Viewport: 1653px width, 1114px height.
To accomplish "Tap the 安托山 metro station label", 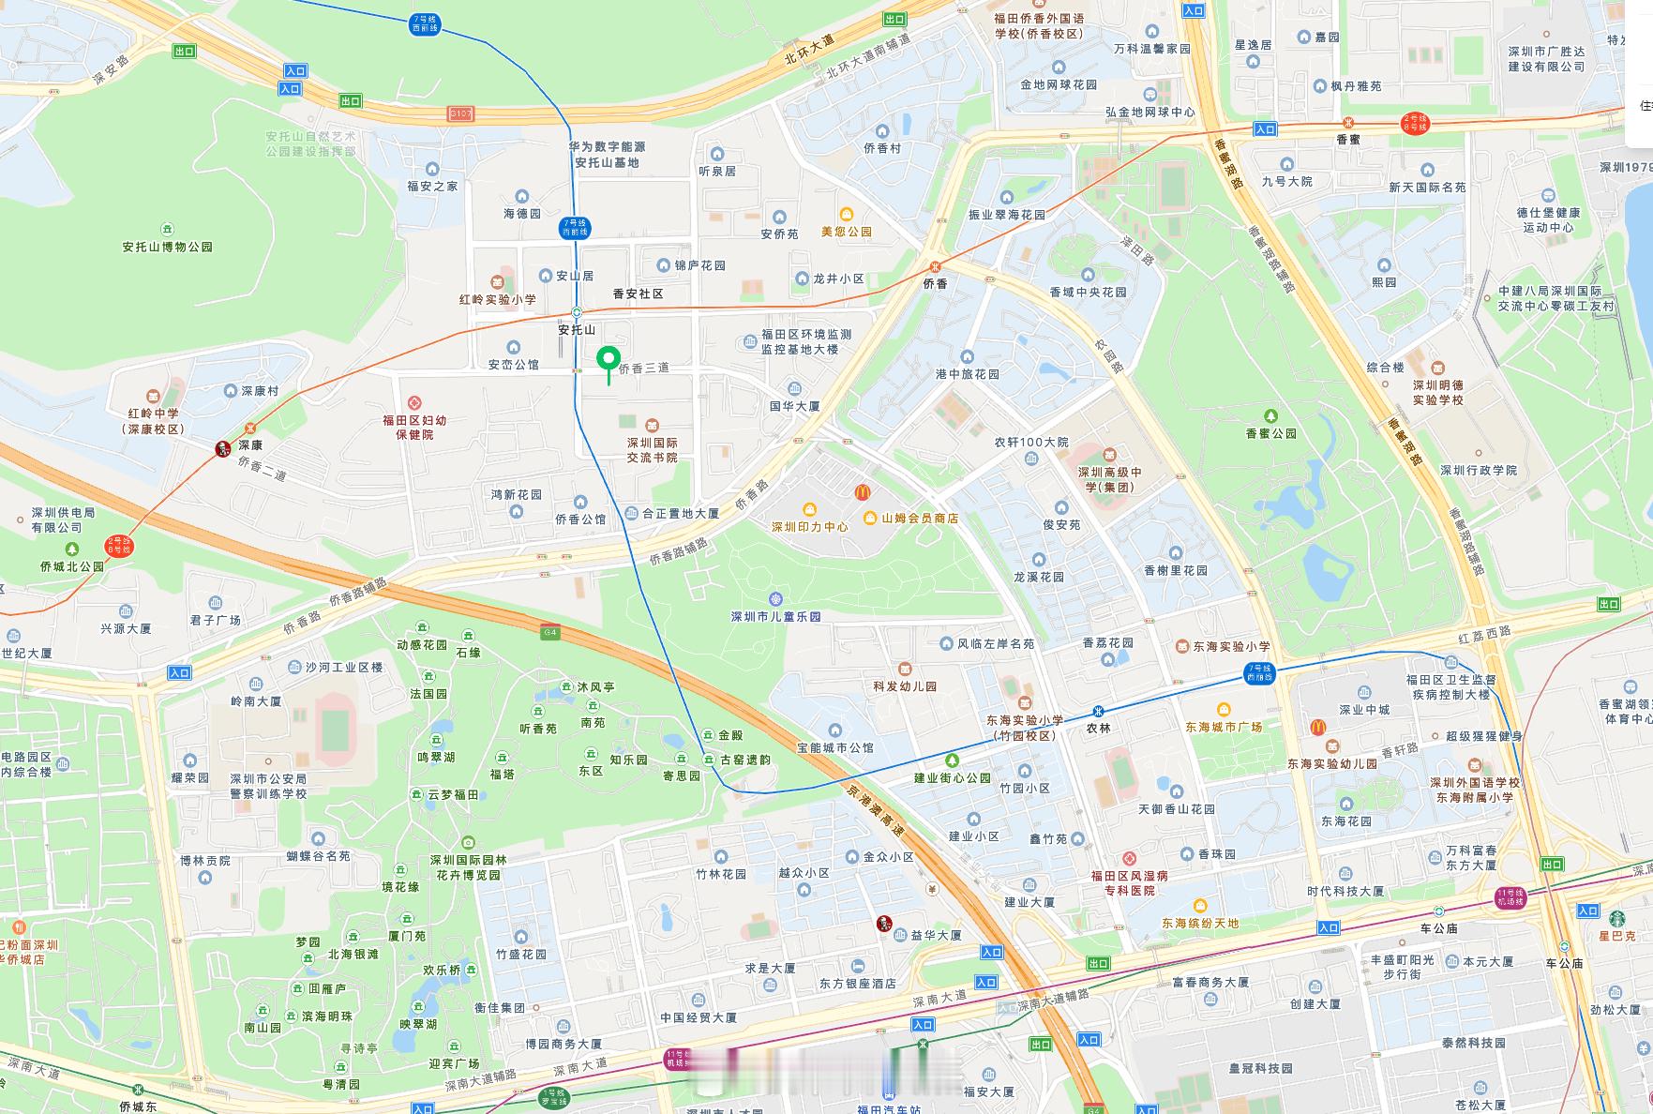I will click(x=577, y=330).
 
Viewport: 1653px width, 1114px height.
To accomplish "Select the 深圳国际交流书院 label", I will click(x=653, y=449).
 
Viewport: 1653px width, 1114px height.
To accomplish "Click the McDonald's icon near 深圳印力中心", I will click(x=863, y=491).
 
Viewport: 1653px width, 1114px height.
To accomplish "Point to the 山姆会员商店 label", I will click(x=919, y=518).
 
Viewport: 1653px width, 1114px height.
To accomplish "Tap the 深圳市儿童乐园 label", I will click(x=775, y=616).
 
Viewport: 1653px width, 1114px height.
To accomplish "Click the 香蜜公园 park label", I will click(x=1270, y=433).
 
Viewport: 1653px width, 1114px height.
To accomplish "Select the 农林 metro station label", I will click(x=1098, y=727).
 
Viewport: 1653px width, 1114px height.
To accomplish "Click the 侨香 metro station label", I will click(x=935, y=283).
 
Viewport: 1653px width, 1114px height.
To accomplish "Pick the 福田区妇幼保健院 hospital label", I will click(x=414, y=427).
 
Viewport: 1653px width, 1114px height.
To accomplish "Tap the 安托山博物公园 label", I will click(x=168, y=247).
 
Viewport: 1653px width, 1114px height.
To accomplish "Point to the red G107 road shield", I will click(x=460, y=113).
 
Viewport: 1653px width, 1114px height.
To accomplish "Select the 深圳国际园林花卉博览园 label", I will click(x=468, y=866).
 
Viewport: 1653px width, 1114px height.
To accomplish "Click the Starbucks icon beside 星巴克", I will click(x=1616, y=918).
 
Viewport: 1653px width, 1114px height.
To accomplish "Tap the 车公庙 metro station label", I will click(x=1438, y=928).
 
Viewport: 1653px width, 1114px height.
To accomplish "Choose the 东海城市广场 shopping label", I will click(x=1224, y=727).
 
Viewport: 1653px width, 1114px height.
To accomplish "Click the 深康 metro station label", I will click(x=249, y=445).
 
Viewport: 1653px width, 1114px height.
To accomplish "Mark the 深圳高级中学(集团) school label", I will click(x=1110, y=479).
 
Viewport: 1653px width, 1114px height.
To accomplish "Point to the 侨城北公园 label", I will click(x=72, y=566).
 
